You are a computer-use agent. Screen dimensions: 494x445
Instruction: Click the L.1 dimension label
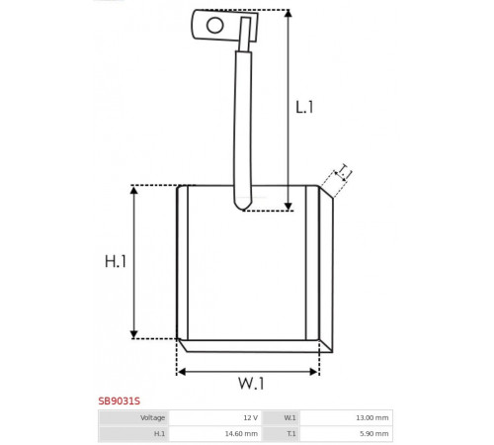coord(304,107)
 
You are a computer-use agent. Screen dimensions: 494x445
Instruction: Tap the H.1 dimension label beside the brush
coord(116,261)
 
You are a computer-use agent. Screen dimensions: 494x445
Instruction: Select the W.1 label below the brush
coord(251,384)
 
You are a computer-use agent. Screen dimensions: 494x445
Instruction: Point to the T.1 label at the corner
coord(344,171)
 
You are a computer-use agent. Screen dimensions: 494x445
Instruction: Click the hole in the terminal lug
coord(214,25)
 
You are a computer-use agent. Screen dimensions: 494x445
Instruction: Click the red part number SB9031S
coord(120,401)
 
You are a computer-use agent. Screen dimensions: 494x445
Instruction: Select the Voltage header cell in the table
coord(133,418)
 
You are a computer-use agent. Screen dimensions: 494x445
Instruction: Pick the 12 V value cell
coord(215,418)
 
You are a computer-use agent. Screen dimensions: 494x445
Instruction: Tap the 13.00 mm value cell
coord(346,418)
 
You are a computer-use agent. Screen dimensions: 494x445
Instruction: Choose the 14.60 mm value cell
coord(215,434)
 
